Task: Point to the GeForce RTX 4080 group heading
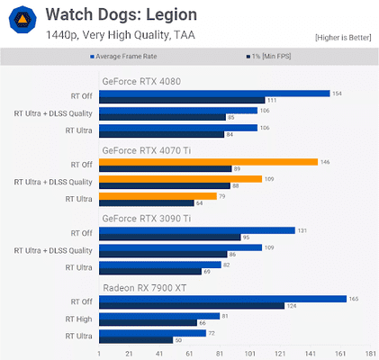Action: [141, 81]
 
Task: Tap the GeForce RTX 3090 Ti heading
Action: [147, 219]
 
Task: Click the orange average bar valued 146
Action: [208, 162]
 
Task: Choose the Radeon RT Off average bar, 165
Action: [222, 299]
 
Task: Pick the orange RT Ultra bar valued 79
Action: [158, 196]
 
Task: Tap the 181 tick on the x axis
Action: [370, 353]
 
